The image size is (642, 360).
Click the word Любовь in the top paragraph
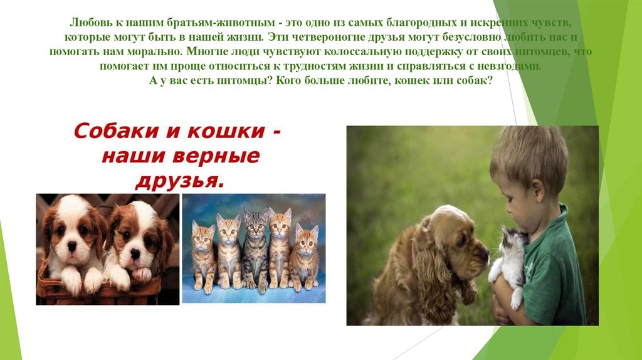pos(88,23)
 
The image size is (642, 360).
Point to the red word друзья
pos(179,182)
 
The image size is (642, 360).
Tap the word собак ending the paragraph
pos(478,80)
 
